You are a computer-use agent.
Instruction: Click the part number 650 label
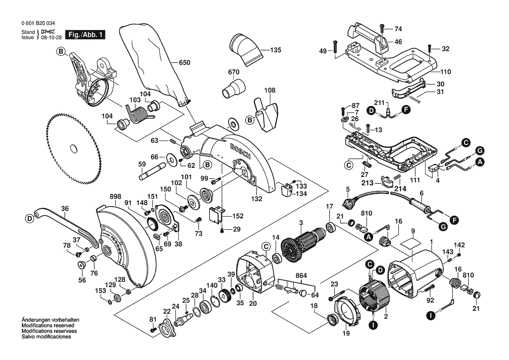tap(184, 62)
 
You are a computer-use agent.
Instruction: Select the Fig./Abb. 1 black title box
tap(85, 35)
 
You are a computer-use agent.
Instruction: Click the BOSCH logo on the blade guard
tap(240, 151)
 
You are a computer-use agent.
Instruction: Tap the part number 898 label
tap(115, 196)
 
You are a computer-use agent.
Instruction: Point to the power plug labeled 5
tap(351, 204)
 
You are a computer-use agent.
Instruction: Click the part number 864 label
tap(301, 275)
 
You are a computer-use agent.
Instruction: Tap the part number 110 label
tap(446, 72)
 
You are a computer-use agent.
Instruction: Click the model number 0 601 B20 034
tap(38, 24)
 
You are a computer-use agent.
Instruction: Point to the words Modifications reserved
tap(48, 326)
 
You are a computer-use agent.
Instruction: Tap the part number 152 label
tap(238, 216)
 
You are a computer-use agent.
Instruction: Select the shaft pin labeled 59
tap(152, 172)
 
